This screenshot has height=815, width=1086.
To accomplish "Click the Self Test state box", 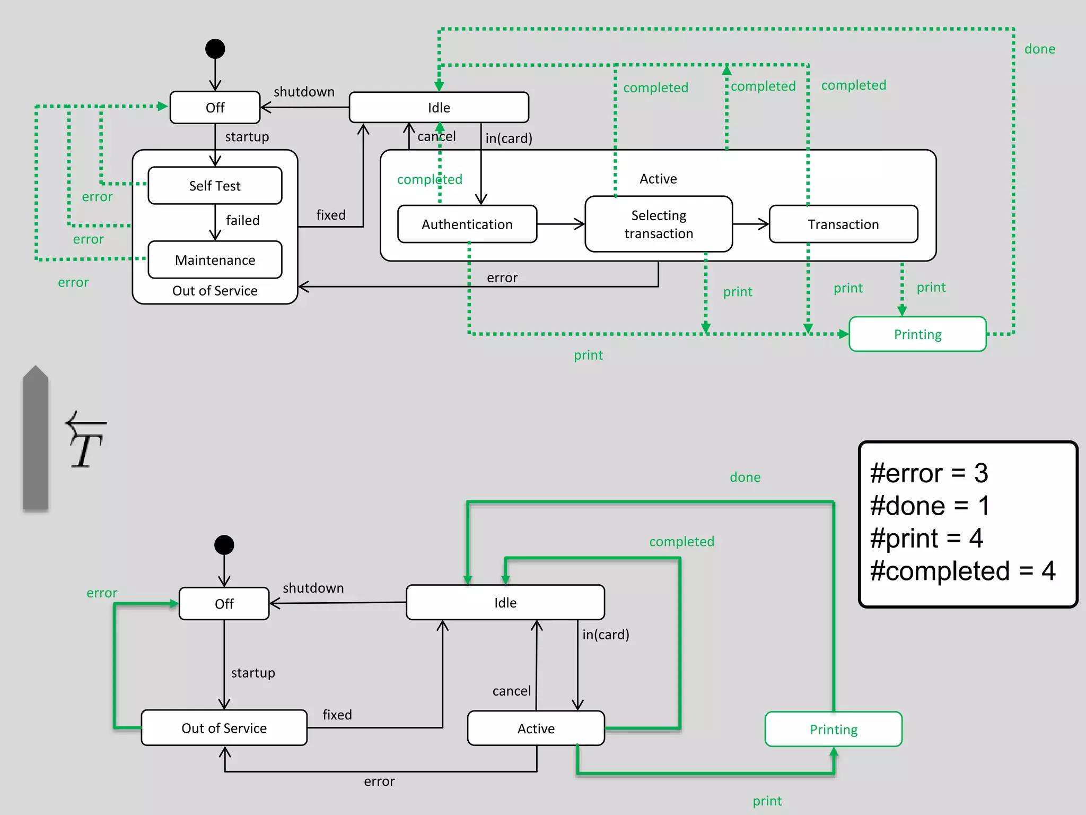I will tap(215, 186).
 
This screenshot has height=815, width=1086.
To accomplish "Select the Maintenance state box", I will tap(215, 260).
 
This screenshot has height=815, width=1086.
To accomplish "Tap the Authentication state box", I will tap(467, 224).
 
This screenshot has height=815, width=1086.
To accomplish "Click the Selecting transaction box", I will tap(659, 224).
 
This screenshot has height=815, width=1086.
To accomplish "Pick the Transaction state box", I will tap(843, 224).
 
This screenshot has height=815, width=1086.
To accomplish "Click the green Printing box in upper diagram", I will tap(917, 334).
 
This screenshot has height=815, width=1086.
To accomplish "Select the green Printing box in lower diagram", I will tap(833, 730).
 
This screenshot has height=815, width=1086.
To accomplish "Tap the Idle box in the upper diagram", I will tap(439, 108).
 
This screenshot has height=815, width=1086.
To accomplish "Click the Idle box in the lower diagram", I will tap(505, 603).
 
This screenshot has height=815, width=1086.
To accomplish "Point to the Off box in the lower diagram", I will tap(224, 604).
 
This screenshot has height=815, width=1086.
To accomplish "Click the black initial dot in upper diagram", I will tap(215, 49).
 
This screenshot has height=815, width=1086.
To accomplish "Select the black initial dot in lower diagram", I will tap(224, 545).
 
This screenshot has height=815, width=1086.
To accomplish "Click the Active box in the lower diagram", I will tap(536, 729).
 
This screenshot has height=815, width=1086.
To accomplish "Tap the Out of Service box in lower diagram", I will tap(224, 728).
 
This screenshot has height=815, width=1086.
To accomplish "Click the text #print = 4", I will tap(926, 539).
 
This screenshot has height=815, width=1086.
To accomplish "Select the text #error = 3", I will tap(929, 473).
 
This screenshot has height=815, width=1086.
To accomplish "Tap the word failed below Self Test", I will tap(242, 220).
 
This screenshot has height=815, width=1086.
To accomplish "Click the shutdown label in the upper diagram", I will tap(304, 92).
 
